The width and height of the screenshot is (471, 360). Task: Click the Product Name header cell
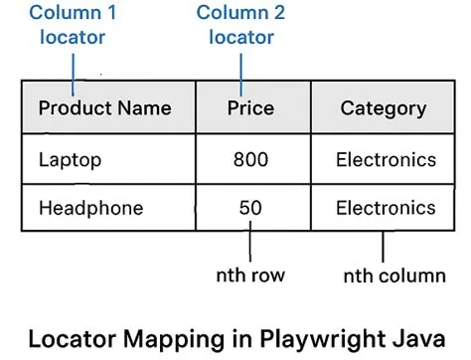click(105, 108)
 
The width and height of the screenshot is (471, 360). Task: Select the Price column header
click(250, 108)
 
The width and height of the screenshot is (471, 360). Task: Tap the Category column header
click(383, 108)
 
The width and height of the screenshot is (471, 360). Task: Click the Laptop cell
click(70, 159)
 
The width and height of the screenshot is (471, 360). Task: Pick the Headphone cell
click(90, 209)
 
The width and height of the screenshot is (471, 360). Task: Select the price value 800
click(250, 159)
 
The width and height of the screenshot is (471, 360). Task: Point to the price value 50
click(250, 209)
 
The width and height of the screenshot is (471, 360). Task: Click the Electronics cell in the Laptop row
click(386, 159)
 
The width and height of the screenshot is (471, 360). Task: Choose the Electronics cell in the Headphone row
click(386, 209)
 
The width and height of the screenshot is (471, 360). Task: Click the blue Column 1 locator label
click(73, 26)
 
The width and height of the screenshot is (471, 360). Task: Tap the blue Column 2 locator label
click(240, 26)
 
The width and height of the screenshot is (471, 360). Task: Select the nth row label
click(249, 272)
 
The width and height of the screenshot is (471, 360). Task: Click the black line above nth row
click(249, 244)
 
